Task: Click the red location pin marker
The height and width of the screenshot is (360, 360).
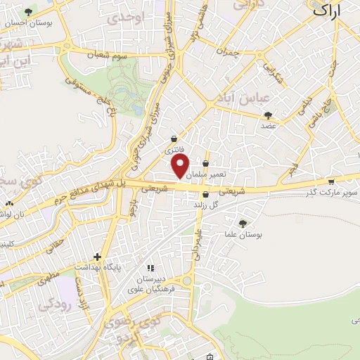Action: point(181,167)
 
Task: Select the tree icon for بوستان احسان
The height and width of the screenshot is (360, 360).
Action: point(28,12)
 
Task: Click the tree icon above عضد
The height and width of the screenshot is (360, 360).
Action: point(267,115)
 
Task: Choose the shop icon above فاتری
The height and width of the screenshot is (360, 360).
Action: point(174,139)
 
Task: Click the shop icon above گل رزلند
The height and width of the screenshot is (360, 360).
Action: point(205,194)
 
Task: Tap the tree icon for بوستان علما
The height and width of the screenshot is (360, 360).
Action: point(243,223)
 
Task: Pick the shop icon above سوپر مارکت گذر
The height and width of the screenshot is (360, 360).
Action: point(330,181)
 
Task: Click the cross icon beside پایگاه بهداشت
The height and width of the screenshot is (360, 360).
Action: point(98,257)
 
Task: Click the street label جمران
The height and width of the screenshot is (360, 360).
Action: point(228,52)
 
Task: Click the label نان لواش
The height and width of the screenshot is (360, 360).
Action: point(19,213)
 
